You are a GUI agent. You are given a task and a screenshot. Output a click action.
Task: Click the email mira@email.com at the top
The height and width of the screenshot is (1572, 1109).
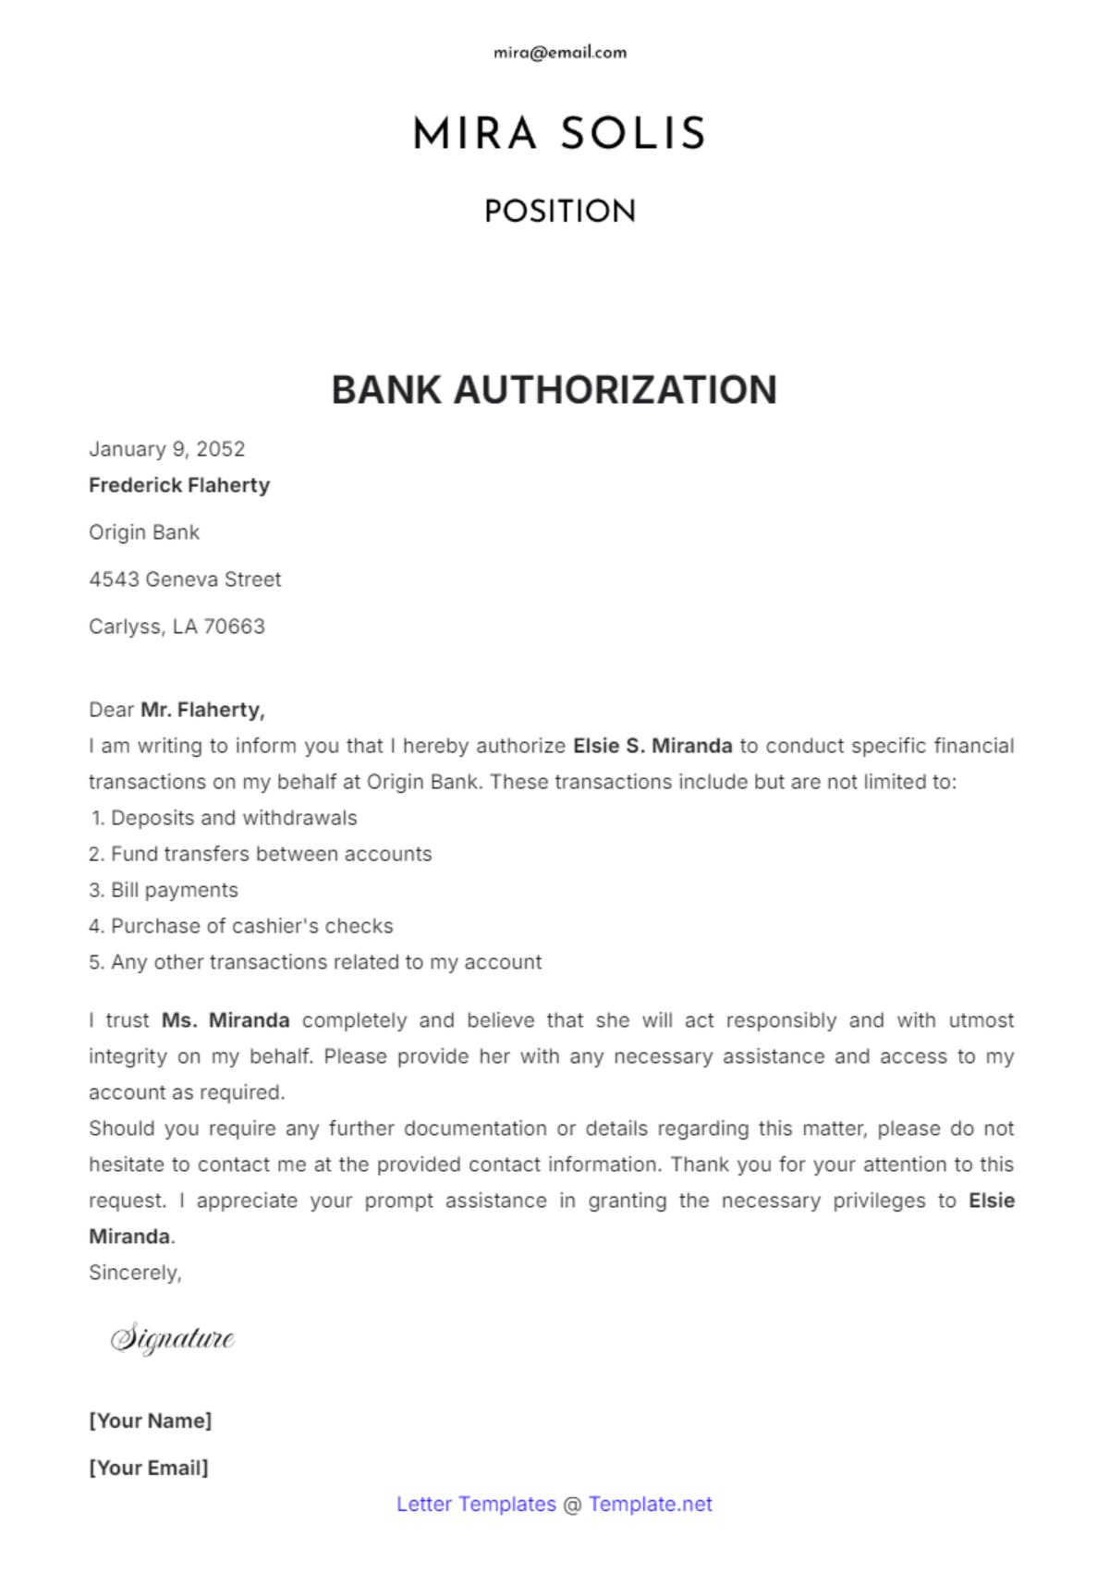coord(560,53)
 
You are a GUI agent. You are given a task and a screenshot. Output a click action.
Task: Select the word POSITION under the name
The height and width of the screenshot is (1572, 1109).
coord(560,212)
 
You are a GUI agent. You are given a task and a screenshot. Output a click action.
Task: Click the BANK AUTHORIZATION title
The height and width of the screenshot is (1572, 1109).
coord(554,390)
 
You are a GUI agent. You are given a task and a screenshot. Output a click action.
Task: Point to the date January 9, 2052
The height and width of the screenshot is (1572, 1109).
coord(167,449)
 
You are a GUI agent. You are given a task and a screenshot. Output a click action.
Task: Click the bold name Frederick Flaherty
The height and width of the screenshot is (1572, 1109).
coord(179,485)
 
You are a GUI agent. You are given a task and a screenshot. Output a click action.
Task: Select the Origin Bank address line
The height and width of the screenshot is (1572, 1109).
coord(144,532)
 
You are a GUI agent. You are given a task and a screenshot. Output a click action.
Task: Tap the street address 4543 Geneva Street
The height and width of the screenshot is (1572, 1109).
coord(185,579)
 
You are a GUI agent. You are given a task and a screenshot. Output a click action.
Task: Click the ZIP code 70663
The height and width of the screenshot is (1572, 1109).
coord(234,627)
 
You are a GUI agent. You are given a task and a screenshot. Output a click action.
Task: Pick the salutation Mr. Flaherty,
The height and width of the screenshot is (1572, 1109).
coord(202,710)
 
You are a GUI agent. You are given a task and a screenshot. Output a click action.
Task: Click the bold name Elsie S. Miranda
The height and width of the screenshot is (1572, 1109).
coord(652,746)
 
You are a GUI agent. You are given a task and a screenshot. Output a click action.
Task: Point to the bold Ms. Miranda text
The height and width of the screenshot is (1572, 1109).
coord(225,1020)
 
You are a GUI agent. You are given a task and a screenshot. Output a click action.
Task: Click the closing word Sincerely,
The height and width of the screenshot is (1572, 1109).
coord(135,1273)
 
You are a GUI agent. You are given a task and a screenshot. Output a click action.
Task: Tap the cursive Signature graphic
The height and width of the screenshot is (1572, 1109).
coord(173,1338)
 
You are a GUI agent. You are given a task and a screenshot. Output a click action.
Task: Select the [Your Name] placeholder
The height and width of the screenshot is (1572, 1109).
coord(151,1420)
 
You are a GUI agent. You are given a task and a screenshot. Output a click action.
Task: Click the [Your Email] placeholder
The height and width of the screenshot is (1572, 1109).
coord(149,1468)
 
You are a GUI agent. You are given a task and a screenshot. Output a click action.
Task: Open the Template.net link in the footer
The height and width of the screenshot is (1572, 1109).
coord(650,1504)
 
